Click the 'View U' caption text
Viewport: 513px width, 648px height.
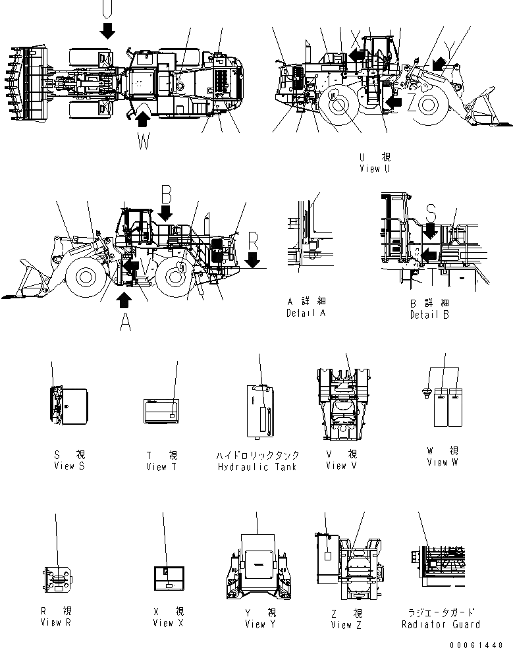374,169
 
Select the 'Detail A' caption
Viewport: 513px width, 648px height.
306,313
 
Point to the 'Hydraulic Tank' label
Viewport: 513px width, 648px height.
257,467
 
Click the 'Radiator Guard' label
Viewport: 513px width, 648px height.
441,624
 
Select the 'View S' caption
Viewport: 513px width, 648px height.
70,466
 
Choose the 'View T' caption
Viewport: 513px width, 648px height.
161,467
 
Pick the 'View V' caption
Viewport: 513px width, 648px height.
341,466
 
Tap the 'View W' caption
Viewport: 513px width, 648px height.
442,462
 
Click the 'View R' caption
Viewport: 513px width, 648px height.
55,623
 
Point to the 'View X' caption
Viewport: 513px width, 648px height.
169,623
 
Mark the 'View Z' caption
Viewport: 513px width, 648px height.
346,624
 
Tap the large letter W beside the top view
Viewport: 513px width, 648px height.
144,140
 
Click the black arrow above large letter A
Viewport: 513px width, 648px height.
123,300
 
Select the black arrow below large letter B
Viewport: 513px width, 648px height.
165,212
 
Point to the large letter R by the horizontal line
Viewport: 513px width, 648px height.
253,242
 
